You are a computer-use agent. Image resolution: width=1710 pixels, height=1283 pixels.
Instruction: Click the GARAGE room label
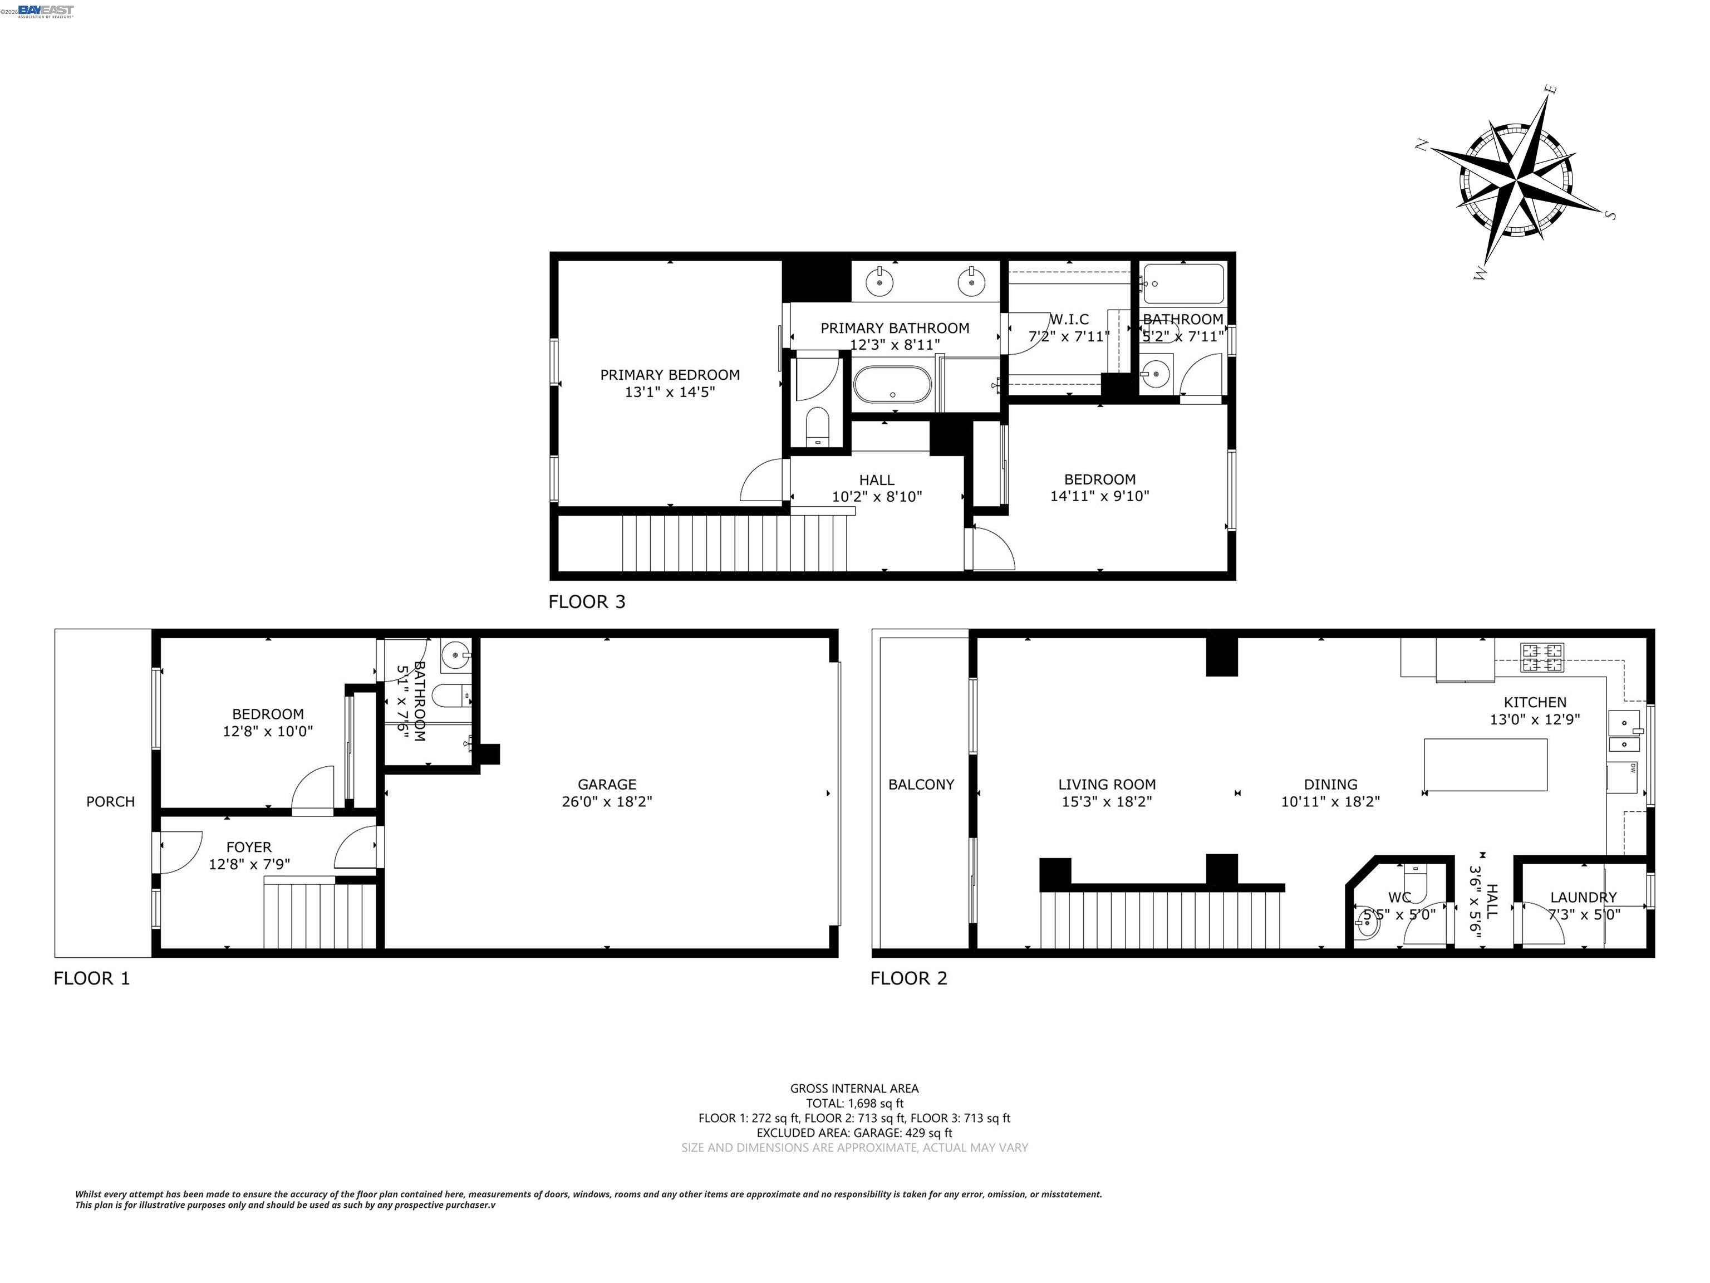(607, 784)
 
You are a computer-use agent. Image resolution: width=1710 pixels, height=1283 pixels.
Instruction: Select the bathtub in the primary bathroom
(892, 384)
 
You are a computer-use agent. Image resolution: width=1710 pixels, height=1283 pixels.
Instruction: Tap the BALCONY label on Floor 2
(921, 784)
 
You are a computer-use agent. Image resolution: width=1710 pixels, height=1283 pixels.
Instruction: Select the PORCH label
(111, 801)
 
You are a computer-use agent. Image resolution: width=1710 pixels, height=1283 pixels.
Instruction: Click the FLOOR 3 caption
(587, 601)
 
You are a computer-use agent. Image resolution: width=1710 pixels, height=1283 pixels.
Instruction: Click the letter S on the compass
(1610, 214)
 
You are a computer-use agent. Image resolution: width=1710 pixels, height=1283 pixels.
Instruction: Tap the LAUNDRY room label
(1583, 897)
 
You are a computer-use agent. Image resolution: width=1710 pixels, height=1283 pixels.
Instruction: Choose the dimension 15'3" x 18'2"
(1106, 802)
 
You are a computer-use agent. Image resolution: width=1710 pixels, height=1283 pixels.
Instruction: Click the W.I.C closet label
(1069, 319)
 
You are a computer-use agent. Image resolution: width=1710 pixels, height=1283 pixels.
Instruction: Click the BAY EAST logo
(46, 10)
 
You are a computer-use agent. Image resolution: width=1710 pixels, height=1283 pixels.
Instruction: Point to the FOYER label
(249, 847)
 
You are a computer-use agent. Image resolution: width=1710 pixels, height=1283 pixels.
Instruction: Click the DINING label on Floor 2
(1330, 784)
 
